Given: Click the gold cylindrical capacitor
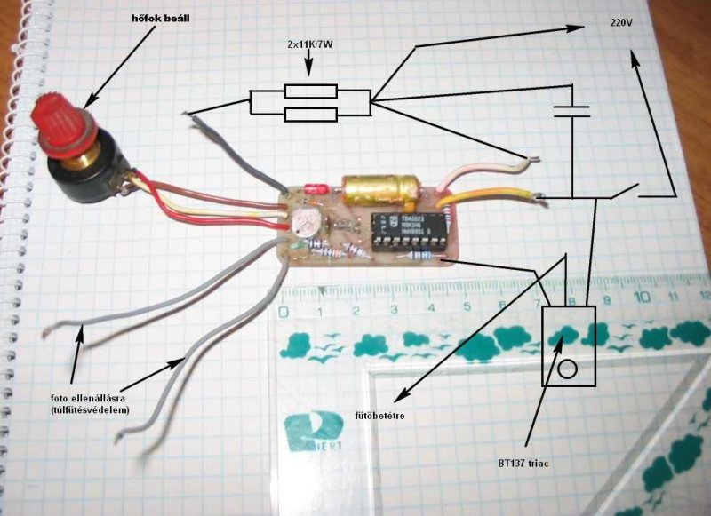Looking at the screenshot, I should click(x=379, y=189).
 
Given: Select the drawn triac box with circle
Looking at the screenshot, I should click(x=569, y=345).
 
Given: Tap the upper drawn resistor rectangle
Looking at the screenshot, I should click(x=310, y=91).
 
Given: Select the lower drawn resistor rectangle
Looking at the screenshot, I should click(x=310, y=113).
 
